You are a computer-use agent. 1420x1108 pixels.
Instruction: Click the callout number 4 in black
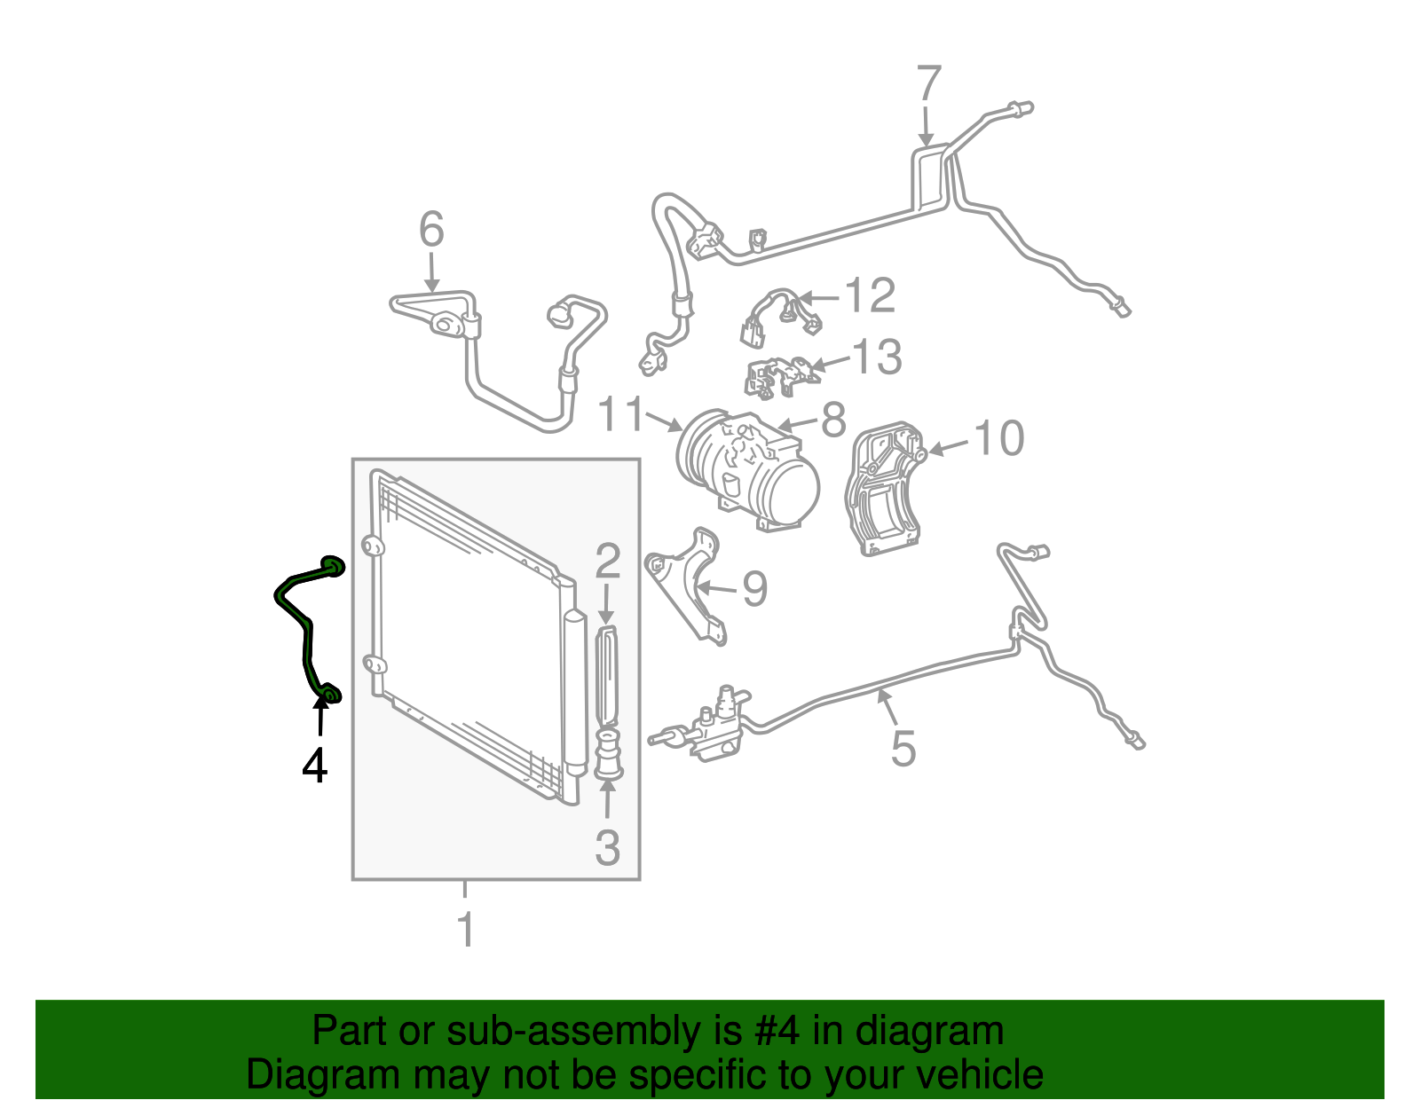(314, 766)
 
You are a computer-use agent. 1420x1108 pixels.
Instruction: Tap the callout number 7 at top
(927, 84)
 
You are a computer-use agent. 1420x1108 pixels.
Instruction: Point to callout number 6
(431, 230)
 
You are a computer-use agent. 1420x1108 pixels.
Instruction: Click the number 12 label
(870, 295)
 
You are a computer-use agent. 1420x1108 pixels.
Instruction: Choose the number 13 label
(877, 358)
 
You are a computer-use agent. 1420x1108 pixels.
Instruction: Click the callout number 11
(620, 414)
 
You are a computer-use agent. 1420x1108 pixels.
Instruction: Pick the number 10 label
(999, 438)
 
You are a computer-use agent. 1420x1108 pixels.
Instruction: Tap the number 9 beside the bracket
(754, 589)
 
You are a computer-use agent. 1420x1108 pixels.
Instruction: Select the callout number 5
(903, 748)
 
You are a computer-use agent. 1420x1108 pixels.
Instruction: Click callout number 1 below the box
(465, 930)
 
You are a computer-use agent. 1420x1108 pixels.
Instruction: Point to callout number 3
(607, 847)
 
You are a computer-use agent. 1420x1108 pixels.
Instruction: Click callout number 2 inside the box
(607, 561)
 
